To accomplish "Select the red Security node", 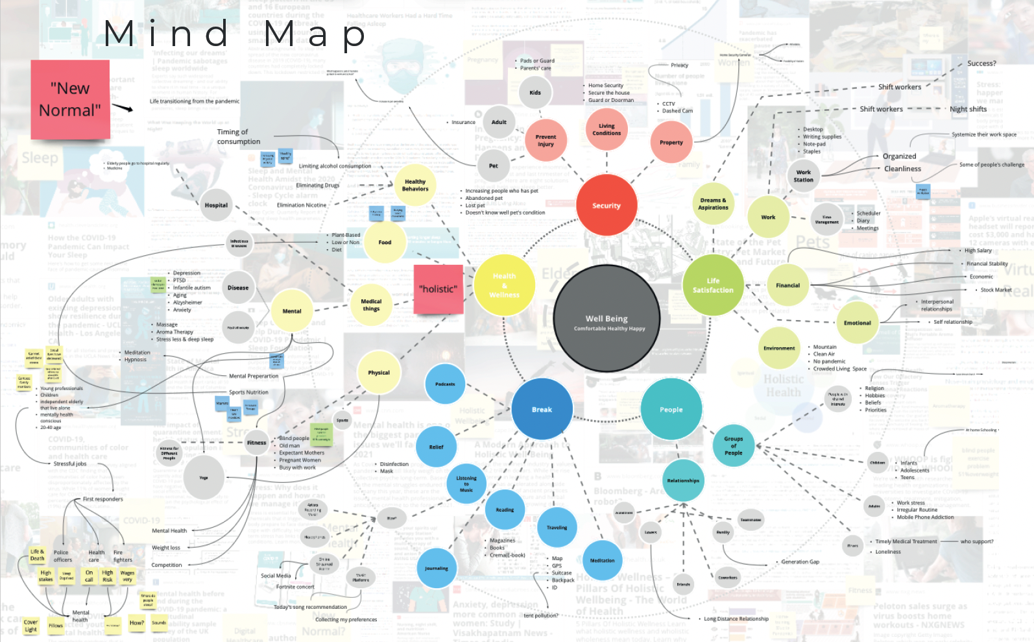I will pyautogui.click(x=607, y=205).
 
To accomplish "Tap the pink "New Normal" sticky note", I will pyautogui.click(x=70, y=99).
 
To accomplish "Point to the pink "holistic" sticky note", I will pyautogui.click(x=439, y=289).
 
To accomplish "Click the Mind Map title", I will pyautogui.click(x=235, y=34).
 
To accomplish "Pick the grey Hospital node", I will pyautogui.click(x=216, y=205).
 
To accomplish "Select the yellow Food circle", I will pyautogui.click(x=385, y=242).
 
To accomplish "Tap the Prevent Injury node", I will pyautogui.click(x=546, y=140).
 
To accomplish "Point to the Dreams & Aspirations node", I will pyautogui.click(x=713, y=204).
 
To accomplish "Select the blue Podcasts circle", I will pyautogui.click(x=445, y=384).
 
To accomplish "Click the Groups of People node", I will pyautogui.click(x=734, y=445).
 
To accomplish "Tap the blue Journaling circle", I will pyautogui.click(x=437, y=569).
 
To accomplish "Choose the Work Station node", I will pyautogui.click(x=803, y=176).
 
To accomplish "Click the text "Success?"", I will pyautogui.click(x=981, y=64).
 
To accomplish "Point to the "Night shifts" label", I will pyautogui.click(x=968, y=109).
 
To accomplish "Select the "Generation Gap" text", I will pyautogui.click(x=800, y=562).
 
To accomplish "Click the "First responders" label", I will pyautogui.click(x=102, y=499).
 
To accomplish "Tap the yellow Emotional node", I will pyautogui.click(x=857, y=323).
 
